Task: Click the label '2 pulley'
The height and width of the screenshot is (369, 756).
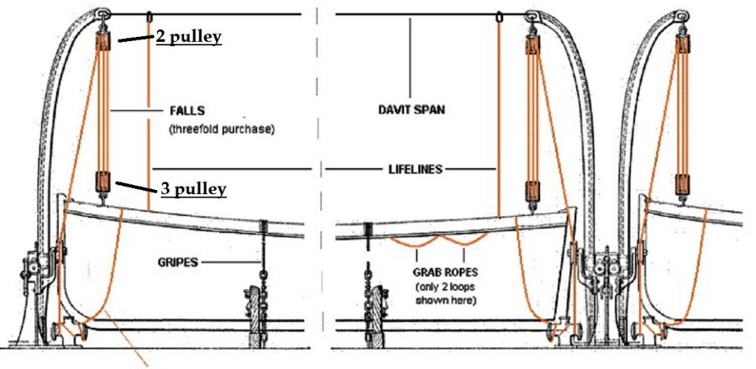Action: [x=187, y=37]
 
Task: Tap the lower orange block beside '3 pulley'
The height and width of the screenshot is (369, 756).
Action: [x=104, y=181]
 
